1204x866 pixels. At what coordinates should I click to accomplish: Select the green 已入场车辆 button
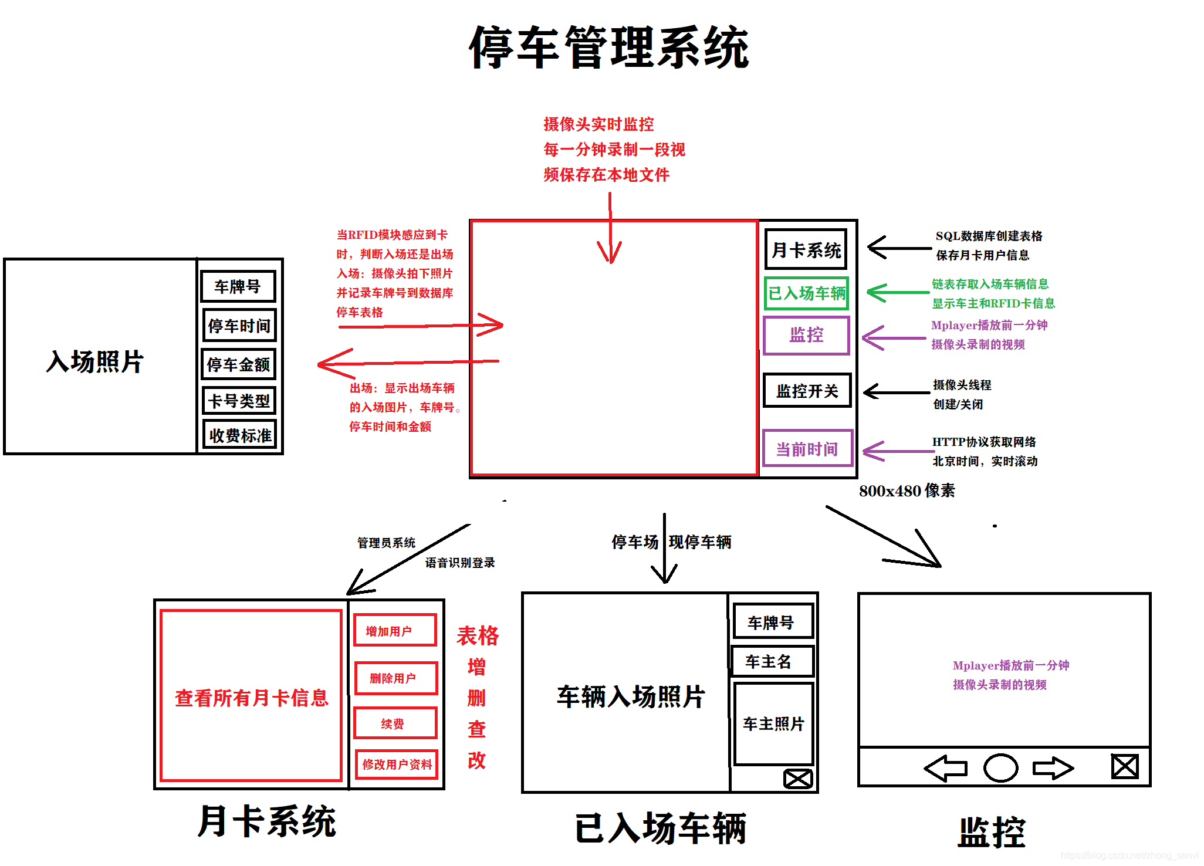pyautogui.click(x=807, y=293)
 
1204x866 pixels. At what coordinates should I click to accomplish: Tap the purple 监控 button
pyautogui.click(x=807, y=335)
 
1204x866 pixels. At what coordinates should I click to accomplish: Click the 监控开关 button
pyautogui.click(x=807, y=391)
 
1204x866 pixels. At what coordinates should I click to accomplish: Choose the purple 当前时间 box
pyautogui.click(x=807, y=449)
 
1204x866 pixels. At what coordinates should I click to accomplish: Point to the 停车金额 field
pyautogui.click(x=239, y=364)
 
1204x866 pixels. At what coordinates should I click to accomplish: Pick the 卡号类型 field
pyautogui.click(x=239, y=401)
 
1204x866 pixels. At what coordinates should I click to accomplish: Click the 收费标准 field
pyautogui.click(x=239, y=435)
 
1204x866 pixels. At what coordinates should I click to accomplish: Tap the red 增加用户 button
pyautogui.click(x=395, y=631)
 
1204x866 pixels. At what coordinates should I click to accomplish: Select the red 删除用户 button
pyautogui.click(x=395, y=678)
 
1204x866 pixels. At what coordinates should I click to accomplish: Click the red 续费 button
pyautogui.click(x=395, y=723)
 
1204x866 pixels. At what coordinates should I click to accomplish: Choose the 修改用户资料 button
pyautogui.click(x=397, y=764)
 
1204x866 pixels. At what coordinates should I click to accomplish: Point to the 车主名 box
pyautogui.click(x=772, y=662)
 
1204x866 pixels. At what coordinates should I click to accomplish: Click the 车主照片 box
pyautogui.click(x=773, y=723)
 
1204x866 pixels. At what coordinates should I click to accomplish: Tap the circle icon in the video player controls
pyautogui.click(x=1000, y=767)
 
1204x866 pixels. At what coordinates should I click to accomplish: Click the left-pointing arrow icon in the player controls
pyautogui.click(x=946, y=767)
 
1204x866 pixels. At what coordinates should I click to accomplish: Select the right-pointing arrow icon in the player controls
pyautogui.click(x=1053, y=767)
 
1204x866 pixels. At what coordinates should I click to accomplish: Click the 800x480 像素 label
pyautogui.click(x=907, y=490)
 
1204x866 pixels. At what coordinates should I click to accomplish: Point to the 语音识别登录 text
pyautogui.click(x=460, y=563)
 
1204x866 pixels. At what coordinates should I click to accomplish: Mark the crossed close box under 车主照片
pyautogui.click(x=798, y=779)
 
